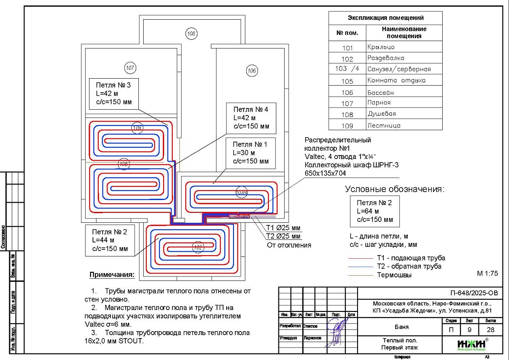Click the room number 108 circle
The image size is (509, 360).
click(191, 33)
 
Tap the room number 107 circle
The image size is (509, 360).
click(130, 68)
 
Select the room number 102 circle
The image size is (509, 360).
click(198, 247)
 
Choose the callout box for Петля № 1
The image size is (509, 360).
click(251, 153)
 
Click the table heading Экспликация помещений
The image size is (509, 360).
click(385, 18)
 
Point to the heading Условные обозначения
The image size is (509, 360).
click(395, 189)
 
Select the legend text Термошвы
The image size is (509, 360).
click(394, 275)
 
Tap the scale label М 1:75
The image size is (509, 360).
click(488, 273)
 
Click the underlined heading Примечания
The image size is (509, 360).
click(112, 275)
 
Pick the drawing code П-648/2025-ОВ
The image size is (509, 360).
click(474, 293)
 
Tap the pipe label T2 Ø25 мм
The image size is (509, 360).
click(283, 236)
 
